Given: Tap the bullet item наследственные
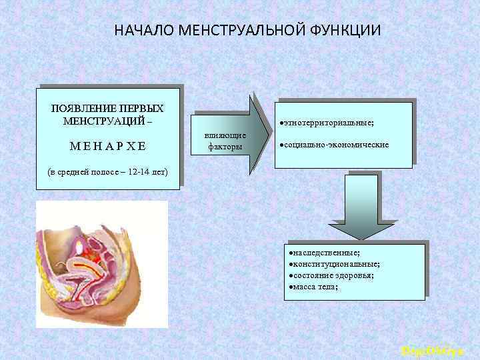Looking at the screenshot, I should click(325, 254).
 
